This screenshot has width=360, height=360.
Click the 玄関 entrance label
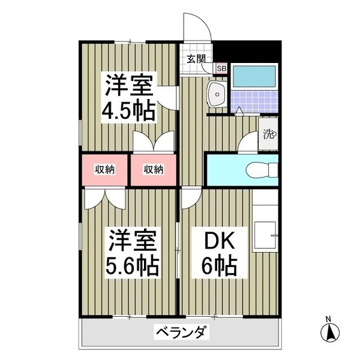[x=196, y=59]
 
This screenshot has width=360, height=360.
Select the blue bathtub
[x=253, y=76]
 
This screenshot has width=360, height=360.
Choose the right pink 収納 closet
[x=154, y=170]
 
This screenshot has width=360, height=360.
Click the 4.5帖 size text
[x=128, y=111]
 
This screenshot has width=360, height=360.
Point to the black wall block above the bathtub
[x=248, y=50]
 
